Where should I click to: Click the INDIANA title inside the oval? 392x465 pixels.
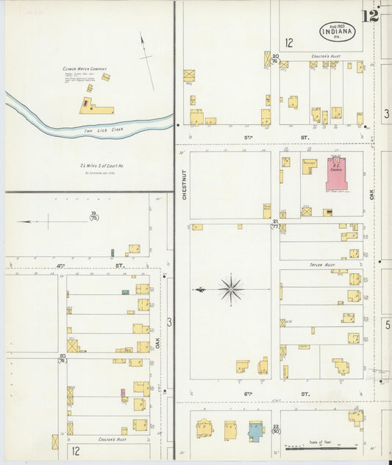click(338, 32)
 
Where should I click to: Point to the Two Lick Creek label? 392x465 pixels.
click(100, 130)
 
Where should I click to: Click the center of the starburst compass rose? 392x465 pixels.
click(231, 289)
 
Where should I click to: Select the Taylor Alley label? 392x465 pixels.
click(321, 263)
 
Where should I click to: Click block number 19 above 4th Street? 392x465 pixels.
click(93, 216)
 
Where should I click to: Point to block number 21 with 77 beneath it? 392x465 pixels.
click(275, 224)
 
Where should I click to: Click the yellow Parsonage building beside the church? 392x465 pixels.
click(308, 167)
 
